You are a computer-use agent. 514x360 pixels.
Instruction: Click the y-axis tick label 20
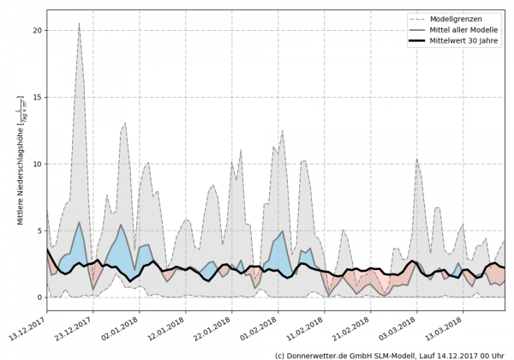(x=37, y=30)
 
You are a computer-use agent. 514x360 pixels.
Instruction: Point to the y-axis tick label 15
(x=37, y=97)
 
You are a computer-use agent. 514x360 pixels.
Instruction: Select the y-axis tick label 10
(x=37, y=164)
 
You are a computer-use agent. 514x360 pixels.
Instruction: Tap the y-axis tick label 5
(x=39, y=231)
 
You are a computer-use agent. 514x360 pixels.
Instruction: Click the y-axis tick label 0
(x=39, y=297)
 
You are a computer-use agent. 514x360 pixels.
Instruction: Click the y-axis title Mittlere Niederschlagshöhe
(x=20, y=160)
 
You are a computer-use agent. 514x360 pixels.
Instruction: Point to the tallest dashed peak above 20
(x=79, y=24)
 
